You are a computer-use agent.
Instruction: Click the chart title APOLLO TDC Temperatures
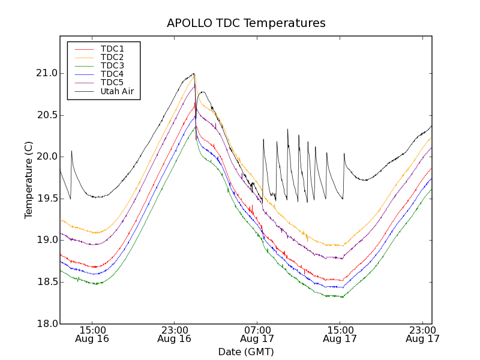pos(246,23)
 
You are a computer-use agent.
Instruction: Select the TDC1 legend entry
pos(112,49)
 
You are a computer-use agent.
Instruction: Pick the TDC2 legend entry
pos(112,57)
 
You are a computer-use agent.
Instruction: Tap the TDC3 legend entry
pos(112,65)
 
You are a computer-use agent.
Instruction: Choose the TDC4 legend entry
pos(112,74)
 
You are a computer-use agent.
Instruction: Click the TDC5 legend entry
pos(112,83)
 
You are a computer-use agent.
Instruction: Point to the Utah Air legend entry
pos(116,92)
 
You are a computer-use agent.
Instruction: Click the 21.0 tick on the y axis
pos(46,73)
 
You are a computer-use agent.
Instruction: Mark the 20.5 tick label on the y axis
pos(46,115)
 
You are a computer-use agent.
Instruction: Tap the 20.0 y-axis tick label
pos(46,157)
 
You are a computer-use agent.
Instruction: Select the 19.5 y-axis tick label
pos(46,199)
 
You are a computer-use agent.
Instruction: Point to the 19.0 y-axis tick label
pos(46,240)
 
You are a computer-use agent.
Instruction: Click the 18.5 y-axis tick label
pos(46,282)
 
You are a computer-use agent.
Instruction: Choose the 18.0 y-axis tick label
pos(46,323)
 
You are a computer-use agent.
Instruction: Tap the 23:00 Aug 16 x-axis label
pos(175,334)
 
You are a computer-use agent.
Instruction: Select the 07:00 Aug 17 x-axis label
pos(257,334)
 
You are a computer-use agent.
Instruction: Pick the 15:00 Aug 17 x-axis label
pos(340,334)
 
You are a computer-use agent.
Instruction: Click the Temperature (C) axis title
pos(29,180)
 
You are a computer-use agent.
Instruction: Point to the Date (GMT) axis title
pos(246,352)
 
